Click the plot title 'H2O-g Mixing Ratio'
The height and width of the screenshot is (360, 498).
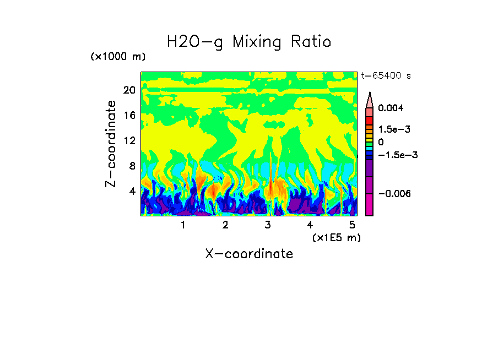(249, 42)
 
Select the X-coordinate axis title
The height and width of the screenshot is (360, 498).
(249, 254)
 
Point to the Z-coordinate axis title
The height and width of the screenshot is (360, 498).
(111, 144)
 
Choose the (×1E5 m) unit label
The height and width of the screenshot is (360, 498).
(336, 237)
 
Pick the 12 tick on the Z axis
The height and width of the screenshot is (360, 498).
(129, 140)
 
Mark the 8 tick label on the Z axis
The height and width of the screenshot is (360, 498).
(132, 166)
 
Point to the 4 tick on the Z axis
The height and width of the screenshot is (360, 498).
(132, 191)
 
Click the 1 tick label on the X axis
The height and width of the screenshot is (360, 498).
(183, 225)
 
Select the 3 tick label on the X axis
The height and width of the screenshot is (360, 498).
(268, 225)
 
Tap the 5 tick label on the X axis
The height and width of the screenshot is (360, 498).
(352, 225)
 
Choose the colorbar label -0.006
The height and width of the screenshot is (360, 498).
(393, 194)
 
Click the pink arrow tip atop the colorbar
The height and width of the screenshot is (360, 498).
(370, 99)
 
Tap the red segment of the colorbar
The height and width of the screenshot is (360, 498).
(370, 121)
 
